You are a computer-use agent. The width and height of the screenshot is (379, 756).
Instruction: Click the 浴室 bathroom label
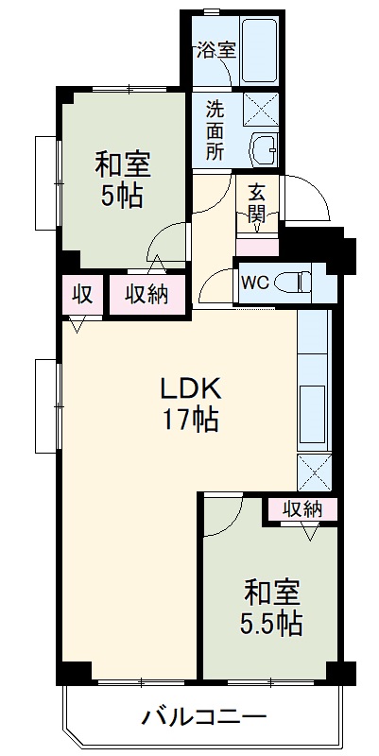[215, 50]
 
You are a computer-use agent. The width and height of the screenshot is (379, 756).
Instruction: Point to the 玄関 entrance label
[256, 203]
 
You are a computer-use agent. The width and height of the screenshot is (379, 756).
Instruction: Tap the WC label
[253, 282]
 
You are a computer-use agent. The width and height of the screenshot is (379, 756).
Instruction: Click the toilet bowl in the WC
[300, 281]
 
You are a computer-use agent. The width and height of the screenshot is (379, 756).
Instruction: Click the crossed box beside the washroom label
[261, 109]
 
